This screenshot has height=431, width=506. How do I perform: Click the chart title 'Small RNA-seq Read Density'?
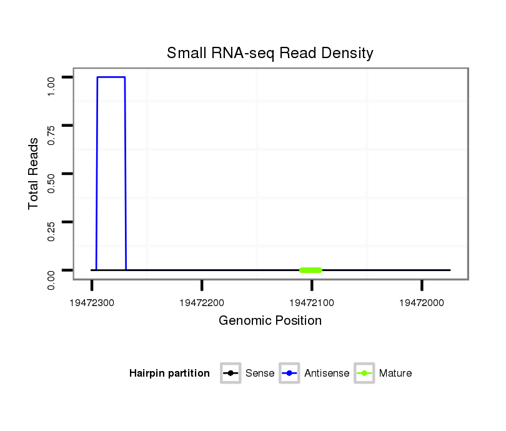click(x=270, y=53)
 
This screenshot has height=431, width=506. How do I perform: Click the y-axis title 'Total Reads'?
click(x=34, y=174)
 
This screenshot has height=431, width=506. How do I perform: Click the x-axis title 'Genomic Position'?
click(x=270, y=321)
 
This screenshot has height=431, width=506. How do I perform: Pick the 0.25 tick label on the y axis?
click(x=52, y=230)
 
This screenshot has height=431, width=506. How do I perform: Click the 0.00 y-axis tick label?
click(x=52, y=279)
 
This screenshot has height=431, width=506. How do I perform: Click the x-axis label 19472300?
click(x=92, y=304)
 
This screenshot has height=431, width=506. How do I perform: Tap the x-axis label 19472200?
click(x=202, y=304)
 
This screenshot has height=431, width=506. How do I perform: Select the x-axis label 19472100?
click(x=312, y=304)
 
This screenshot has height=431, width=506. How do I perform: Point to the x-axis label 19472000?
click(x=422, y=304)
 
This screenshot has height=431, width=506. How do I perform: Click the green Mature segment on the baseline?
click(x=310, y=270)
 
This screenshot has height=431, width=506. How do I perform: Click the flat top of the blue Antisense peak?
click(x=111, y=77)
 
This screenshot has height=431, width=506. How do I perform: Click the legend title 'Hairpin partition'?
click(x=169, y=374)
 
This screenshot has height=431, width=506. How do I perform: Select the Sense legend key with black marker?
click(x=231, y=374)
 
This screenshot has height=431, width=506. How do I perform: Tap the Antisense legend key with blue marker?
click(x=290, y=374)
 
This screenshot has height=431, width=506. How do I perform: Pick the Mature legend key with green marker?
click(x=364, y=374)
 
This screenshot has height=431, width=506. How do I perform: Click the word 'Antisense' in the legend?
click(x=327, y=374)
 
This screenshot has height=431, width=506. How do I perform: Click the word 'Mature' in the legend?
click(x=395, y=374)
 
